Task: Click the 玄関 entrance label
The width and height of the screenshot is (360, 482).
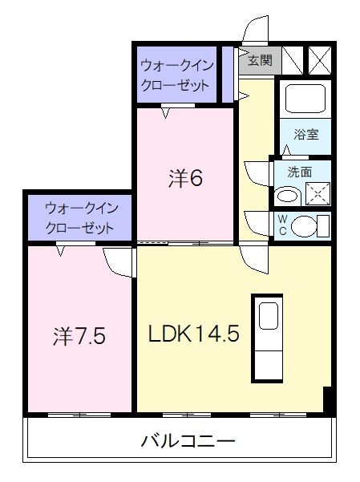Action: (259, 59)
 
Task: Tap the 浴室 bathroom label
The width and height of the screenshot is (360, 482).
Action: (305, 134)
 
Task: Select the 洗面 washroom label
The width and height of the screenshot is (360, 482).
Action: (299, 171)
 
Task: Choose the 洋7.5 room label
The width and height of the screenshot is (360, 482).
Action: (79, 334)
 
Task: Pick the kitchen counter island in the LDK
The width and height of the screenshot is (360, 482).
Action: (268, 338)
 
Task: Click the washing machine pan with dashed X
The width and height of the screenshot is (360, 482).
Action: (317, 193)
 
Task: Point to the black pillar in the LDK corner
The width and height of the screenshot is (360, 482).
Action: (327, 399)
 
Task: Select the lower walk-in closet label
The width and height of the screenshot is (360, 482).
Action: (81, 217)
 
